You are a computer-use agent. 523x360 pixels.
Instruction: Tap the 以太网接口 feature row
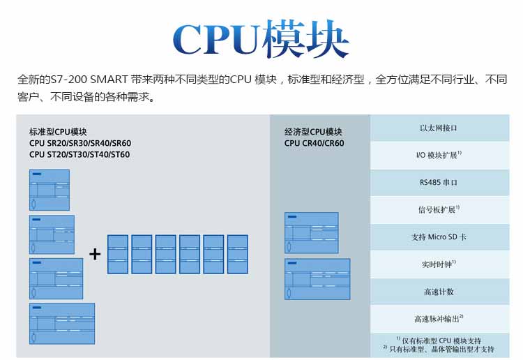click(x=439, y=128)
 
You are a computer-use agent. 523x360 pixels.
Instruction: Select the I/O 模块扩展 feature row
click(x=439, y=155)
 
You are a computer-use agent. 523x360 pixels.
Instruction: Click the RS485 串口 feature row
click(x=439, y=182)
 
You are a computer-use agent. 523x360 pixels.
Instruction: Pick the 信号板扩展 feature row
click(x=439, y=209)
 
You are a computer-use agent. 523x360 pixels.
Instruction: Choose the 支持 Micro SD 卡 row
click(x=439, y=237)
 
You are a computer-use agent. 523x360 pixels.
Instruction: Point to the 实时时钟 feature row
click(x=439, y=264)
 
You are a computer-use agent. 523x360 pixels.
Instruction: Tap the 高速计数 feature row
click(x=439, y=292)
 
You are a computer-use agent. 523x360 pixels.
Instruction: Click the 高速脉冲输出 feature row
click(x=439, y=319)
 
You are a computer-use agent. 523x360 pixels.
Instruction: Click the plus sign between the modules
click(x=95, y=254)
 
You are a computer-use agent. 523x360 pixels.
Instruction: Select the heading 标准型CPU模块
click(x=58, y=131)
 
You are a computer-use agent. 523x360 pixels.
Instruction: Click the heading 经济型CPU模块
click(x=313, y=131)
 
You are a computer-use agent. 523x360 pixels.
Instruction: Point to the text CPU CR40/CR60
click(x=314, y=143)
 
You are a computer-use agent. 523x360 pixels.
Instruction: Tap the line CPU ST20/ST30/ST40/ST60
click(x=79, y=155)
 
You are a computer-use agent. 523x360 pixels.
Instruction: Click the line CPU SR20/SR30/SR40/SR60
click(x=80, y=143)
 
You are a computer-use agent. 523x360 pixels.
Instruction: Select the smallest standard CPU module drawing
click(x=49, y=190)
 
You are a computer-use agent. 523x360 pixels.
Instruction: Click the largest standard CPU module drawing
click(x=61, y=323)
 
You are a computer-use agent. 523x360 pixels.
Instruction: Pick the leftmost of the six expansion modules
click(x=118, y=254)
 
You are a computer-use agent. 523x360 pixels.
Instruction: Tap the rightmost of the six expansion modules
click(x=237, y=254)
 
